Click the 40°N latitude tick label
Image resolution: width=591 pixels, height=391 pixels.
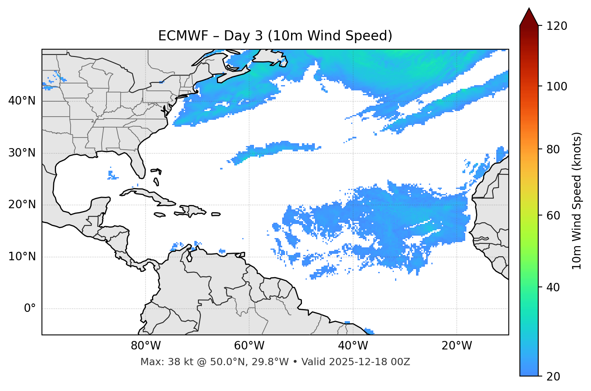[x=22, y=101]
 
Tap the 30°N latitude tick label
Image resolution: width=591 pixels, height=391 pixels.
[x=22, y=153]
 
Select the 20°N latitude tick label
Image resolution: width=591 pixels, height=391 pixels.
[x=22, y=205]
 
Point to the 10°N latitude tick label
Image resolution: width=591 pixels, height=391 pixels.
[x=22, y=257]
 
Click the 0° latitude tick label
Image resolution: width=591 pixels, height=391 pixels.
[x=30, y=309]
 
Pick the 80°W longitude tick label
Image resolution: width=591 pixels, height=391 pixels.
[x=146, y=346]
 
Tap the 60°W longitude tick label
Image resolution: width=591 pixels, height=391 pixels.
[x=249, y=346]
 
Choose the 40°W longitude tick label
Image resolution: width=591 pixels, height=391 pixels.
[x=353, y=346]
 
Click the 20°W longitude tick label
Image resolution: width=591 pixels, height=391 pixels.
[x=457, y=346]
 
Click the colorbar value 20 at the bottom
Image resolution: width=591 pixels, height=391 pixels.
[x=553, y=376]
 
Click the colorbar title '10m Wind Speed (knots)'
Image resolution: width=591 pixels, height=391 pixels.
[x=577, y=201]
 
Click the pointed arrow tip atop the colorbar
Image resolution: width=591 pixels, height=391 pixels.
[x=529, y=10]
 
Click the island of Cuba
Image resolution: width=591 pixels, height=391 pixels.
[x=150, y=195]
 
